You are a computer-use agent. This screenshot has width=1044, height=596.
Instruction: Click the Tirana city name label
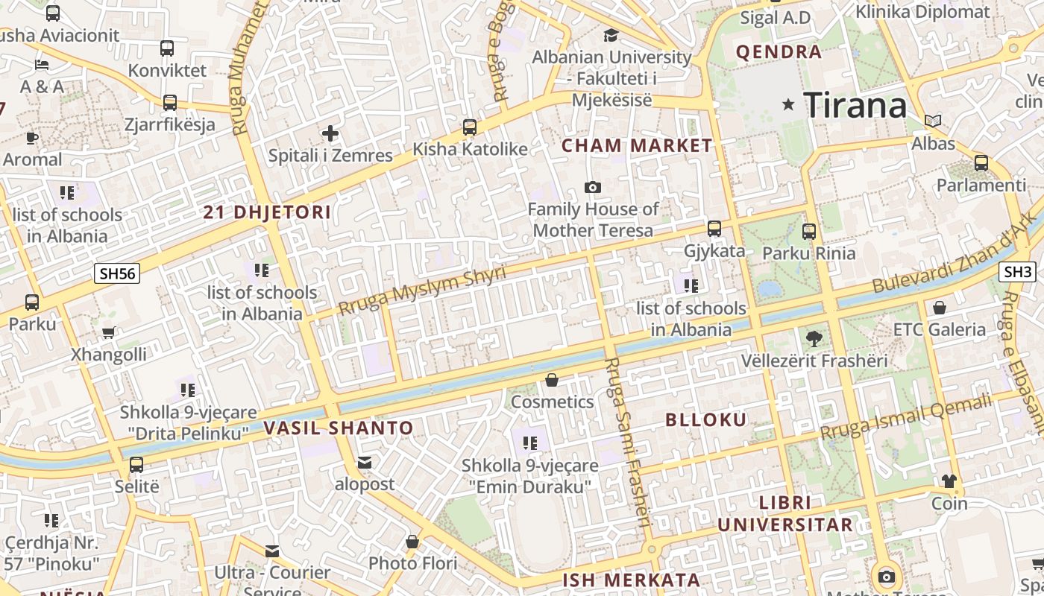(855, 105)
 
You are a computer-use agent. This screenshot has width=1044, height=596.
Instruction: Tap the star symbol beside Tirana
(788, 104)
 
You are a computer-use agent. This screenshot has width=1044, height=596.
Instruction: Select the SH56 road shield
(118, 273)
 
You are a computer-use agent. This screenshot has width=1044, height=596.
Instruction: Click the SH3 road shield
(1018, 272)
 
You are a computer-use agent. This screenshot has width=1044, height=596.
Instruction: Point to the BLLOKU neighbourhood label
(705, 419)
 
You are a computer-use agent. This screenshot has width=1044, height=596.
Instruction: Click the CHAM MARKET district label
(637, 145)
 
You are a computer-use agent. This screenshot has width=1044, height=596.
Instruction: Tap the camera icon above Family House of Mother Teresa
(593, 187)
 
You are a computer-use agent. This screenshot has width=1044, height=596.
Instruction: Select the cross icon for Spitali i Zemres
(330, 134)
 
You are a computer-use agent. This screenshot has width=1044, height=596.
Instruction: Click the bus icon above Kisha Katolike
(470, 127)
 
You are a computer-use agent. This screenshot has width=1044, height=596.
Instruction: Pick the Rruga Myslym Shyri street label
(422, 289)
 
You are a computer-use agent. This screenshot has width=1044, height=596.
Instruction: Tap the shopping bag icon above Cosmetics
(552, 381)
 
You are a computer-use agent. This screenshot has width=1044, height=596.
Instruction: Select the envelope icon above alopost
(365, 463)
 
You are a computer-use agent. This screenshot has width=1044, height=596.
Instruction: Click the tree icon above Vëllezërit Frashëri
(814, 339)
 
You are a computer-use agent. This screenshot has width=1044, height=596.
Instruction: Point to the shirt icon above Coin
(949, 481)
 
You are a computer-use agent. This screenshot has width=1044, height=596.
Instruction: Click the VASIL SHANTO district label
(338, 428)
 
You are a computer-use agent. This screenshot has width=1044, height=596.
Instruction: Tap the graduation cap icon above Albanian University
(611, 35)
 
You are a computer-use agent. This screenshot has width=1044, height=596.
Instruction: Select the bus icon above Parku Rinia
(809, 232)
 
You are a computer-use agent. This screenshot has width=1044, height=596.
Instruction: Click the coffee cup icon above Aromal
(31, 138)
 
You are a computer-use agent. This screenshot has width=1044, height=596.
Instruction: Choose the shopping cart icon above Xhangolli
(109, 333)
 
